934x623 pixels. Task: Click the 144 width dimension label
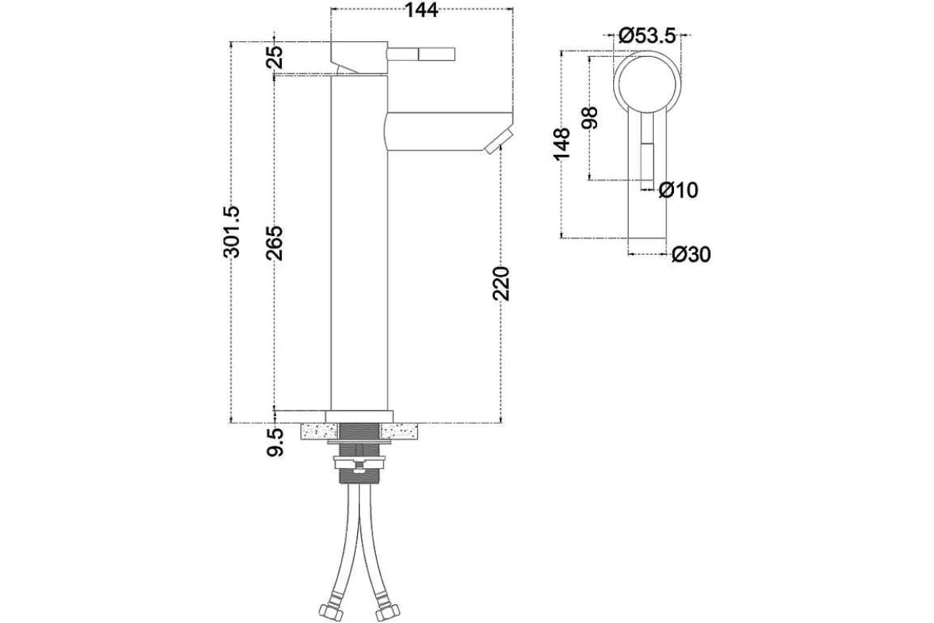[422, 10]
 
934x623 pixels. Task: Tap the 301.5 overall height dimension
[232, 232]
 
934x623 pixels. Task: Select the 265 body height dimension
[274, 243]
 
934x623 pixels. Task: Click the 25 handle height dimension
[274, 57]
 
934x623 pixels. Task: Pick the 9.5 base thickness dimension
[275, 442]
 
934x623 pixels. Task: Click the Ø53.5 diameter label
[647, 36]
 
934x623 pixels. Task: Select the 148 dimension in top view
[562, 144]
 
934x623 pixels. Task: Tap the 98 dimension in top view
[590, 118]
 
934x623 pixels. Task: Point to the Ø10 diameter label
[678, 190]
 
